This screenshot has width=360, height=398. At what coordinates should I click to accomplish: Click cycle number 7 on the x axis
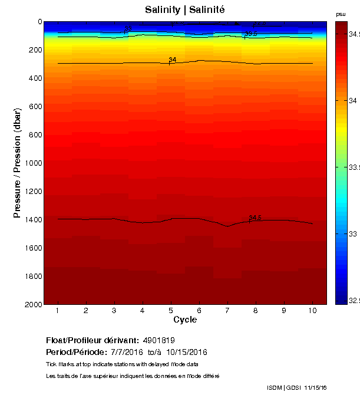[x=227, y=310]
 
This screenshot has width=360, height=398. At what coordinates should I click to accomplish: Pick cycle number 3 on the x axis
[x=114, y=310]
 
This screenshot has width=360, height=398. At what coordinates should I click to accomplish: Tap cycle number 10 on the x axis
[x=312, y=310]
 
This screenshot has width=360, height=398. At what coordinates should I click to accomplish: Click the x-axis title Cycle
[x=185, y=320]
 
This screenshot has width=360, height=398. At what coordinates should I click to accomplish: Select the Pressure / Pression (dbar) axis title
[x=17, y=163]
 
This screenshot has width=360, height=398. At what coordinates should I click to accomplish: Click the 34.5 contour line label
[x=255, y=218]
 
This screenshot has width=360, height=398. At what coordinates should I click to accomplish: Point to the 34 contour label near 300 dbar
[x=173, y=60]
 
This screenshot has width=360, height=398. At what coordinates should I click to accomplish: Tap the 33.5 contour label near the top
[x=251, y=34]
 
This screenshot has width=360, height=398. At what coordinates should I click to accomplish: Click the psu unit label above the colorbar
[x=341, y=14]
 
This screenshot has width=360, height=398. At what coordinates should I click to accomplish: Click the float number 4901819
[x=158, y=341]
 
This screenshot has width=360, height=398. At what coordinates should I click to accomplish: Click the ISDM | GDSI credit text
[x=284, y=387]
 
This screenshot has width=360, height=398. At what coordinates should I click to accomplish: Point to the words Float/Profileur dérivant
[x=93, y=341]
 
